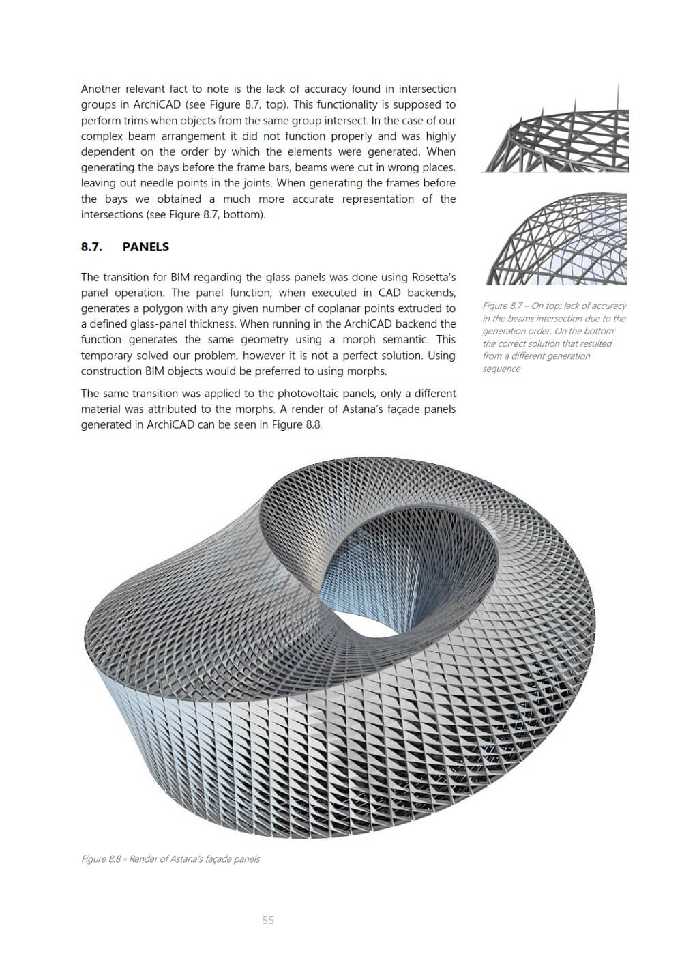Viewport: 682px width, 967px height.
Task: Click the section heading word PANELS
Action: coord(145,247)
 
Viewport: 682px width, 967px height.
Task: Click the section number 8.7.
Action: coord(91,247)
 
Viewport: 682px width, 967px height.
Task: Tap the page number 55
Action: coord(268,921)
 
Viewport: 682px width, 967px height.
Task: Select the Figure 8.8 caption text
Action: coord(170,859)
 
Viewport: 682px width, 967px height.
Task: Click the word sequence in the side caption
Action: coord(501,369)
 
